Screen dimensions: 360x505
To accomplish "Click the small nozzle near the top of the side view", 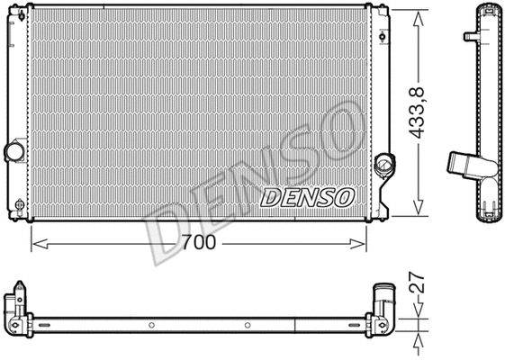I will coord(470,37).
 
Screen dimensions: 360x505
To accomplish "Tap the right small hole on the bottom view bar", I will coord(248,324).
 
